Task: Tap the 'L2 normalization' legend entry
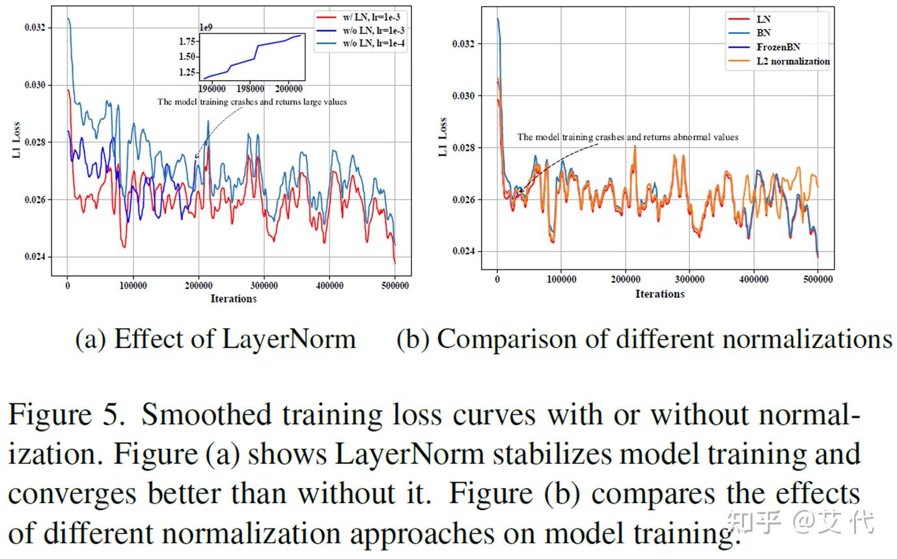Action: pyautogui.click(x=793, y=61)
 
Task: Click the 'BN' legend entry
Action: pyautogui.click(x=764, y=33)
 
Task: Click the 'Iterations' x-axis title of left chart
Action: pyautogui.click(x=233, y=299)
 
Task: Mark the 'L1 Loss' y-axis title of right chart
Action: pyautogui.click(x=443, y=137)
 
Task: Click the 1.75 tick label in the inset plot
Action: pyautogui.click(x=187, y=41)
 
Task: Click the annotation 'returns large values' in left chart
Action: pyautogui.click(x=309, y=102)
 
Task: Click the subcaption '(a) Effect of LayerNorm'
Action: pyautogui.click(x=215, y=339)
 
